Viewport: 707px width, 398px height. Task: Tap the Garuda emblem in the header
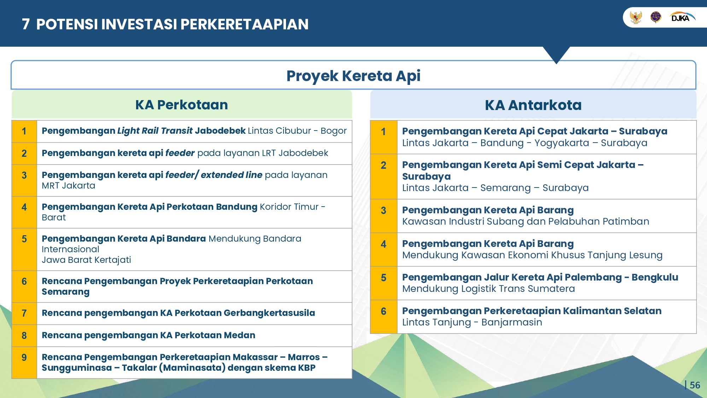pyautogui.click(x=636, y=17)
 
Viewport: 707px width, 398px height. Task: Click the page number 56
pyautogui.click(x=695, y=385)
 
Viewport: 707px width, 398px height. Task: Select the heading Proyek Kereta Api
pyautogui.click(x=353, y=76)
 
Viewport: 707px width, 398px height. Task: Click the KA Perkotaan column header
pyautogui.click(x=182, y=105)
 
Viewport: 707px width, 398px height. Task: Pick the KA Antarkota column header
pyautogui.click(x=533, y=105)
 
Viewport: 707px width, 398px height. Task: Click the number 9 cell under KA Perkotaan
pyautogui.click(x=24, y=363)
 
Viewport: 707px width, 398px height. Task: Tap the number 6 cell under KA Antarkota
pyautogui.click(x=384, y=317)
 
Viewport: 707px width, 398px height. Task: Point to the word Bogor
pyautogui.click(x=334, y=131)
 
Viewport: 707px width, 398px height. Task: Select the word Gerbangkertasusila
pyautogui.click(x=269, y=313)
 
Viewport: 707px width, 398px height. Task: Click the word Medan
pyautogui.click(x=240, y=335)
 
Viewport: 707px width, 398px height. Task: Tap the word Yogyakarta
pyautogui.click(x=562, y=143)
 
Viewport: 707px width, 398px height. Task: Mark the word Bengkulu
pyautogui.click(x=655, y=277)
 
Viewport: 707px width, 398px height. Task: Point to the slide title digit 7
pyautogui.click(x=25, y=24)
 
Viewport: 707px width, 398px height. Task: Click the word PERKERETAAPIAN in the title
pyautogui.click(x=245, y=24)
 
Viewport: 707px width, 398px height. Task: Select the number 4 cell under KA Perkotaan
pyautogui.click(x=24, y=212)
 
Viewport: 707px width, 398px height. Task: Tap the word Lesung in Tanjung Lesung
pyautogui.click(x=645, y=255)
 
